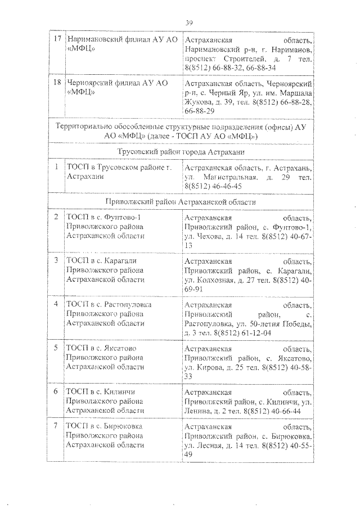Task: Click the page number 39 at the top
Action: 189,22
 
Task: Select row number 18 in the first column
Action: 56,83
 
